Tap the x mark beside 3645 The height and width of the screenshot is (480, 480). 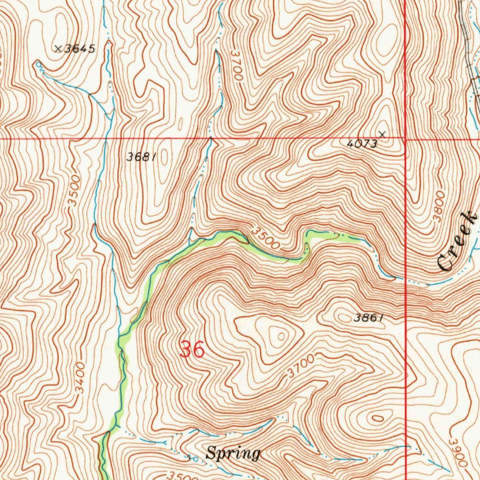(x=59, y=48)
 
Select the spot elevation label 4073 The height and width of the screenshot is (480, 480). (x=362, y=144)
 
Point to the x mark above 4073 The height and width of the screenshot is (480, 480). (x=382, y=135)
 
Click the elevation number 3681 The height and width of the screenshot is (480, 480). (x=141, y=157)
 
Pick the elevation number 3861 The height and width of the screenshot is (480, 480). (x=369, y=318)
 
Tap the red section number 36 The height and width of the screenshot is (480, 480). (x=192, y=350)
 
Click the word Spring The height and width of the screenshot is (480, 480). (x=233, y=453)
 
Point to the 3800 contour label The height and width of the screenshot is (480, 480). (x=439, y=206)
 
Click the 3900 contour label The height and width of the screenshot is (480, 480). (x=458, y=452)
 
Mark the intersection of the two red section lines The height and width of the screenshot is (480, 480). (x=405, y=139)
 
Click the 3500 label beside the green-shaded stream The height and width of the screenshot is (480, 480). (x=266, y=238)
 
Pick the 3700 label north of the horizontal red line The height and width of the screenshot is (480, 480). (x=236, y=66)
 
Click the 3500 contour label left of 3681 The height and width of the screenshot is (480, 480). (x=74, y=192)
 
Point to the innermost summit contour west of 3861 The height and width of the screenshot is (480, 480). (x=280, y=336)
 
